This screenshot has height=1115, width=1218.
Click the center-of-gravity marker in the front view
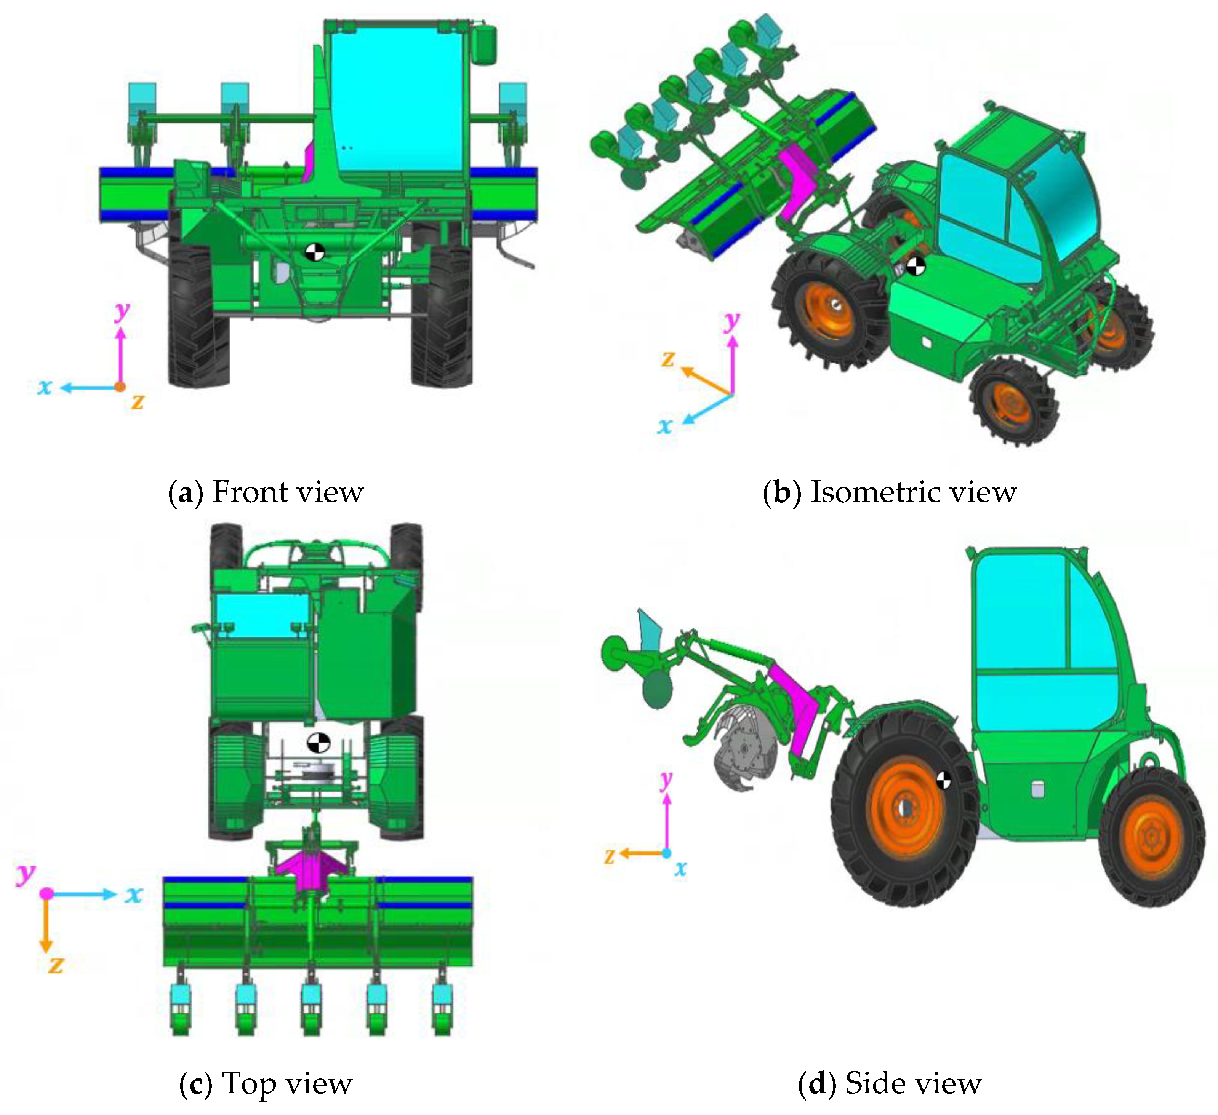click(x=315, y=252)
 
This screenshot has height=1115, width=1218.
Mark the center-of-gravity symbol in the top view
click(x=319, y=742)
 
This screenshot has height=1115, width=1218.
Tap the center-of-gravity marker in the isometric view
click(x=916, y=266)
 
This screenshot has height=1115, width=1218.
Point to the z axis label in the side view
click(x=610, y=855)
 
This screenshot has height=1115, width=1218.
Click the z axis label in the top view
click(x=56, y=964)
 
